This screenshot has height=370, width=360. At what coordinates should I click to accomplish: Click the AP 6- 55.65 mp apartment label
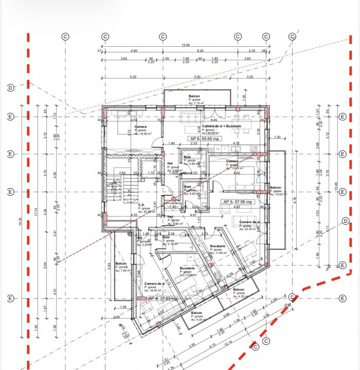(205, 139)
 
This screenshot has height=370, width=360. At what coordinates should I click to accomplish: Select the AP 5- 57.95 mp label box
(237, 202)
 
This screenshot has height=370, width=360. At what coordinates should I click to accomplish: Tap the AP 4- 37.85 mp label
(163, 298)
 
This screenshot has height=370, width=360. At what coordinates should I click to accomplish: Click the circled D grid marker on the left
(10, 88)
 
